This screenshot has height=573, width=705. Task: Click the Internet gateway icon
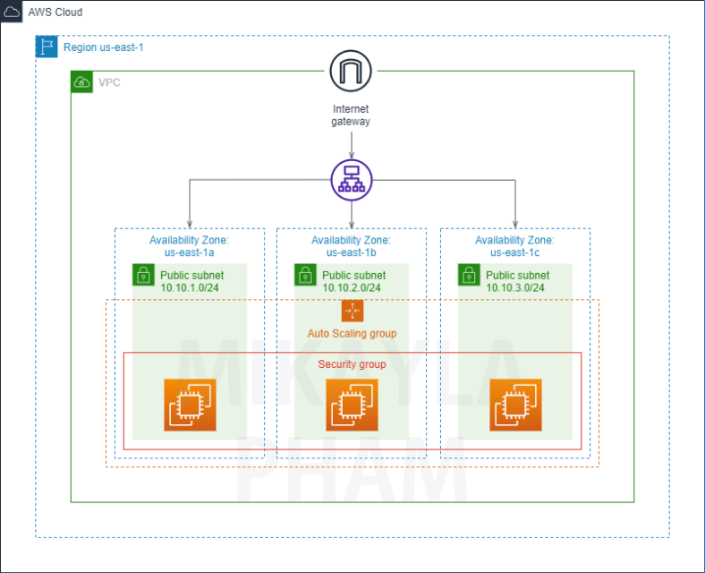coord(350,71)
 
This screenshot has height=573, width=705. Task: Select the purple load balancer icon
coord(351,179)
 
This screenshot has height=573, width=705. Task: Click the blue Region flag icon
coord(47,47)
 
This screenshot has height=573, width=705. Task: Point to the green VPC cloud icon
coord(81,82)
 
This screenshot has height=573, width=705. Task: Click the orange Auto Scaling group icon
coord(352,312)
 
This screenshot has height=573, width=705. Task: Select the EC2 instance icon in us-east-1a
coord(189,405)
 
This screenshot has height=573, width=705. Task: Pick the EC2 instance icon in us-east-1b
coord(352,405)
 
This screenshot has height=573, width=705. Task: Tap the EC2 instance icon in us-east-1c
coord(515,405)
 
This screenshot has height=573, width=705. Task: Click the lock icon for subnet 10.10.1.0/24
coord(143,275)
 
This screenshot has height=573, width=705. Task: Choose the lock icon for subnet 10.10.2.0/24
coord(305,275)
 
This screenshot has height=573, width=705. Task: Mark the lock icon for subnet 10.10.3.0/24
coord(469,275)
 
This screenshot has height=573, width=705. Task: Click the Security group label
coord(352,364)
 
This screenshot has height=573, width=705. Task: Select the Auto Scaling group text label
coord(352,334)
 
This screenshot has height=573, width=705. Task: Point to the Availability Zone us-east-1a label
coord(189,246)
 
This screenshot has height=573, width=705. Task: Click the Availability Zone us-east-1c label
coord(514,246)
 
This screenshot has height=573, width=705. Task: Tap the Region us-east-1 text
coord(103,47)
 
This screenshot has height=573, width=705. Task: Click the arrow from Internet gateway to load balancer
coord(351,143)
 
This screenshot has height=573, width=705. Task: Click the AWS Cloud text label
coord(55,13)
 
